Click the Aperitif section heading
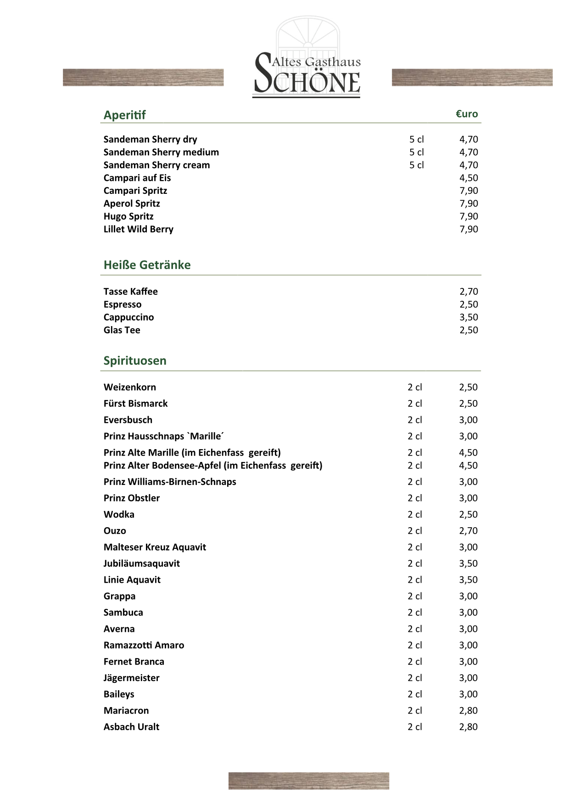pos(124,115)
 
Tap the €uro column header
pos(467,114)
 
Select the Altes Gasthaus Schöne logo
pos(307,58)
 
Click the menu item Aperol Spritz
pos(132,203)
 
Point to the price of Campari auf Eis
pos(469,178)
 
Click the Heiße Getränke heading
pos(147,265)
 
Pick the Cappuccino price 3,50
pos(469,317)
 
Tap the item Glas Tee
pos(122,330)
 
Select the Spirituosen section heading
pos(135,360)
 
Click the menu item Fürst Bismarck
pos(135,404)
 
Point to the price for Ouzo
pos(468,531)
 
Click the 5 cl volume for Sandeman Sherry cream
pos(417,165)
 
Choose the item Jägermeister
pos(131,678)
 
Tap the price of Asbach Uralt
pos(468,727)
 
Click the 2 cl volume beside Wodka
pos(415,514)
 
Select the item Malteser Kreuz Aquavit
pos(155,547)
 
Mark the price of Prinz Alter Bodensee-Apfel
pos(468,466)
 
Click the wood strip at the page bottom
pos(308,781)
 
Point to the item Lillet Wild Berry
pos(138,229)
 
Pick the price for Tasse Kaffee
pos(469,292)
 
